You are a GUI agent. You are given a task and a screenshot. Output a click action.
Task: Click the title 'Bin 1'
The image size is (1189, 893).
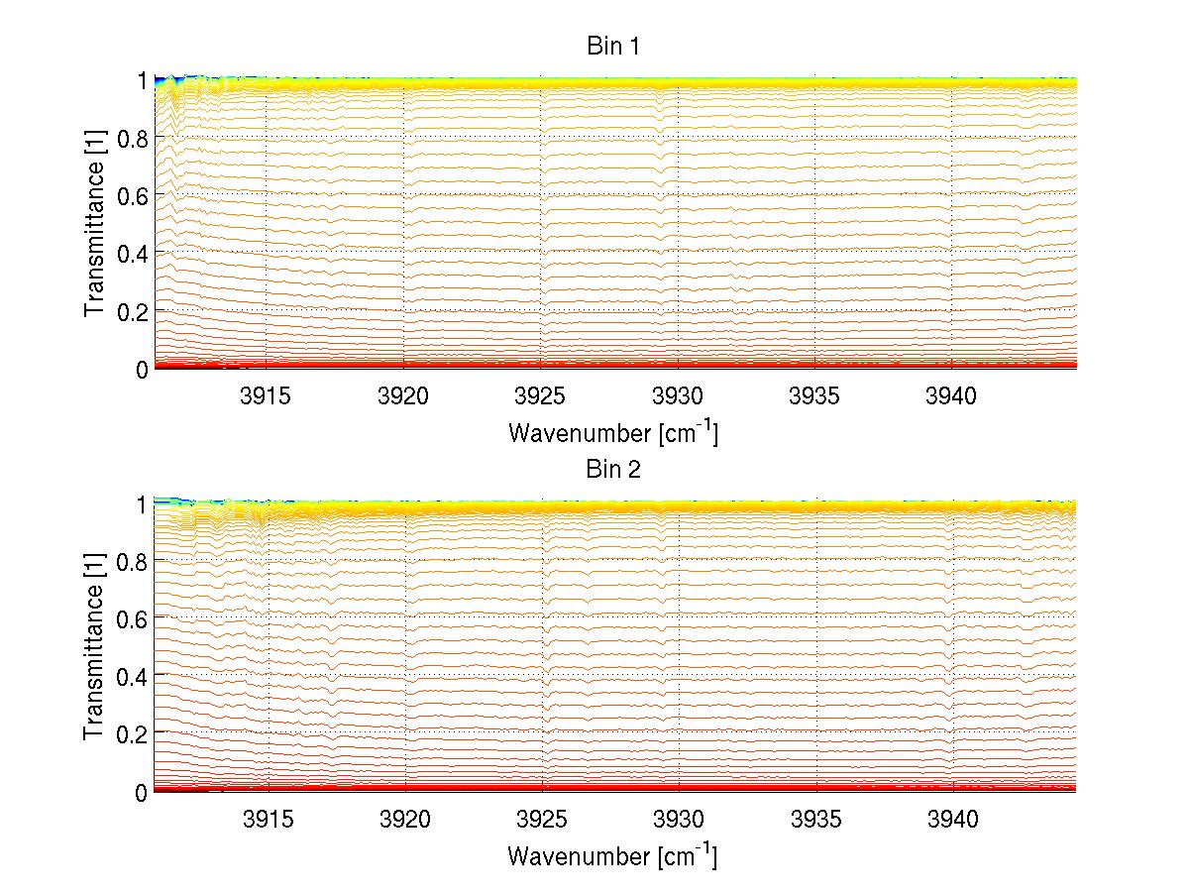point(613,47)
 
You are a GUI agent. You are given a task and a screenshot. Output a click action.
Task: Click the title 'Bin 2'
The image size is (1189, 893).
point(613,470)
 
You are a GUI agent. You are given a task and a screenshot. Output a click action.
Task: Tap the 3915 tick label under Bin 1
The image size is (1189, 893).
point(267,396)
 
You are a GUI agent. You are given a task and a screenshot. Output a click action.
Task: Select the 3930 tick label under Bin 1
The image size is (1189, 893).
point(678,396)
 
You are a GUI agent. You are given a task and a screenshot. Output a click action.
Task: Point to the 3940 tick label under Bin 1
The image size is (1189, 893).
point(951,396)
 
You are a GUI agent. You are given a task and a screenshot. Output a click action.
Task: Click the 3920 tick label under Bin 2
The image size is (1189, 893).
point(404,820)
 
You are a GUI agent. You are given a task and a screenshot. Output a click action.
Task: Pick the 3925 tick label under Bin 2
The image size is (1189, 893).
point(541,820)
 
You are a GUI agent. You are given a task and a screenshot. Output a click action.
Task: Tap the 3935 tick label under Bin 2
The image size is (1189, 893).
point(814,820)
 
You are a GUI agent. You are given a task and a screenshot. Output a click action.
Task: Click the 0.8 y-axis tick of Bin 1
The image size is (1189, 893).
point(133,138)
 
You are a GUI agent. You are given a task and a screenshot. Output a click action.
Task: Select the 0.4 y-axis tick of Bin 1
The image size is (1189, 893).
point(133,254)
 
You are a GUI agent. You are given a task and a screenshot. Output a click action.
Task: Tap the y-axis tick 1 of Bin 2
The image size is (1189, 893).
point(142,503)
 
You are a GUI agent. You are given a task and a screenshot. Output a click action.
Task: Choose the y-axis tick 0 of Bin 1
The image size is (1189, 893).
point(142,369)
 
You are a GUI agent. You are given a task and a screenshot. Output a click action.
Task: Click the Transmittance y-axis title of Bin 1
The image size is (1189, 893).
point(95,224)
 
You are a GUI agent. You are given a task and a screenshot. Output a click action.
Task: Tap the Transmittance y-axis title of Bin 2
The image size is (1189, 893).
point(95,647)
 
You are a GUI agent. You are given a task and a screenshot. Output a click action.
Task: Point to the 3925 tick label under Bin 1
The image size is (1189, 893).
point(541,396)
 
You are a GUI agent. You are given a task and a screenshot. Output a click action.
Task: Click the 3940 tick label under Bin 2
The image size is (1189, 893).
point(951,820)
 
